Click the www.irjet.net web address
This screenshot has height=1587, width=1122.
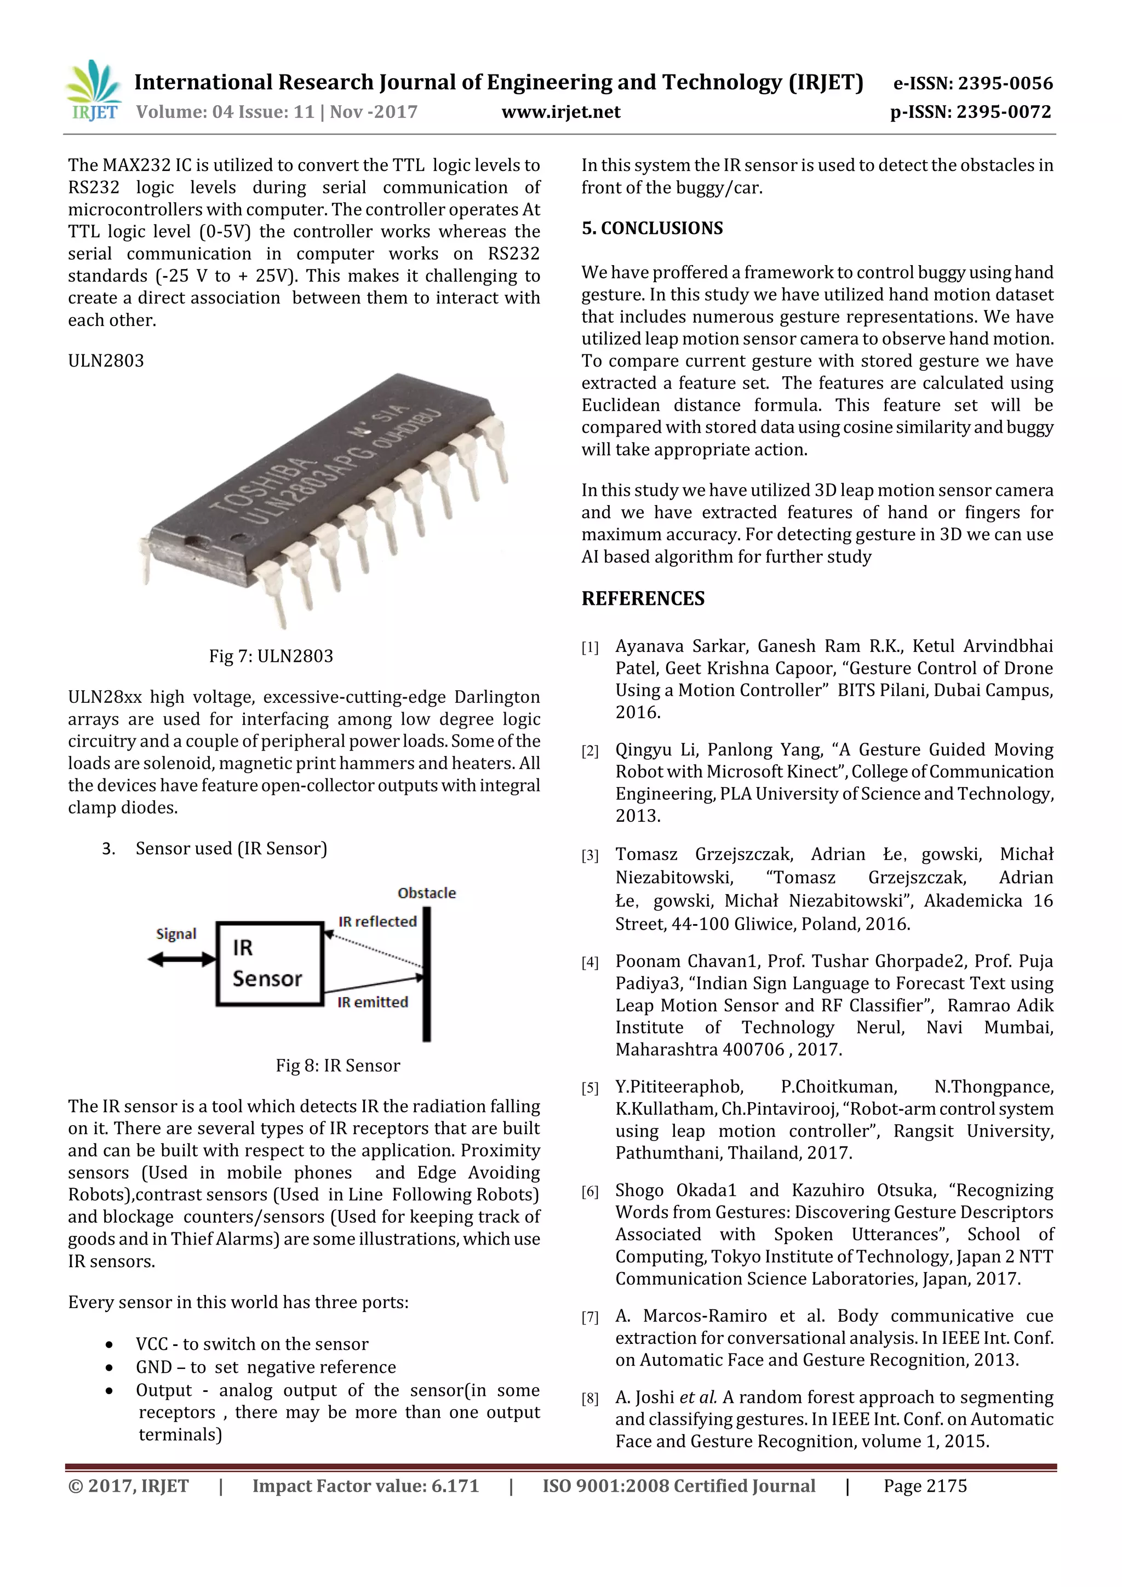pyautogui.click(x=560, y=112)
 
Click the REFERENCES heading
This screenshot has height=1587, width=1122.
pyautogui.click(x=643, y=599)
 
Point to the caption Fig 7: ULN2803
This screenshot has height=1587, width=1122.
pyautogui.click(x=271, y=656)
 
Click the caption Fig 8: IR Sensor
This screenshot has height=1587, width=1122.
pyautogui.click(x=337, y=1065)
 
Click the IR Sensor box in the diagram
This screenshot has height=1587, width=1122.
pyautogui.click(x=269, y=963)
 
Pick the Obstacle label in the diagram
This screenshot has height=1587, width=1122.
pyautogui.click(x=427, y=893)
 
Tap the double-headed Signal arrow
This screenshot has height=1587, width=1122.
pyautogui.click(x=182, y=959)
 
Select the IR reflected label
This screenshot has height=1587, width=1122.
pyautogui.click(x=377, y=921)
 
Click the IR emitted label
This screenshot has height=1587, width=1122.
pyautogui.click(x=373, y=1002)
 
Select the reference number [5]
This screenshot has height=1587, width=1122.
pyautogui.click(x=589, y=1088)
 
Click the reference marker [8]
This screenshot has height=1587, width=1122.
pyautogui.click(x=589, y=1399)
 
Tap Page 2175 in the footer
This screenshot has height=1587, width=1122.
pyautogui.click(x=925, y=1486)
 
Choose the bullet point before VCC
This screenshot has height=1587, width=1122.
pyautogui.click(x=109, y=1344)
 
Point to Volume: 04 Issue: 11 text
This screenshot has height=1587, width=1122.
pyautogui.click(x=225, y=112)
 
